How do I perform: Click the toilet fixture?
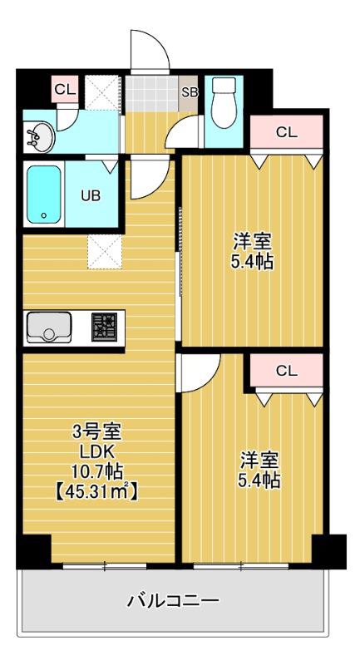pos(224,102)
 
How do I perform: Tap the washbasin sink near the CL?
pos(40,135)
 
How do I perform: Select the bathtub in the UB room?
pos(44,195)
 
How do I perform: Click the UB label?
pos(91,196)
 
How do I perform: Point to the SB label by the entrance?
pos(190,92)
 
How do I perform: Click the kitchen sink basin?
pos(49,328)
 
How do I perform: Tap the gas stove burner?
pos(104,327)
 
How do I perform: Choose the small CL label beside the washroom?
pos(65,89)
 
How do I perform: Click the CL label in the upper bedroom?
pos(287,133)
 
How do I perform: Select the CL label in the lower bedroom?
pos(287,371)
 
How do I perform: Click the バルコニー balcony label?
pos(174,600)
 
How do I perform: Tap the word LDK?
pos(98,452)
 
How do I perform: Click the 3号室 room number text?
pos(97,433)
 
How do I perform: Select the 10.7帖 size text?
pos(97,471)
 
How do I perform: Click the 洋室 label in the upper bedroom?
pos(252,242)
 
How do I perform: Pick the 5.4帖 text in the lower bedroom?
pos(260,480)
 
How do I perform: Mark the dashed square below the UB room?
pos(105,252)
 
